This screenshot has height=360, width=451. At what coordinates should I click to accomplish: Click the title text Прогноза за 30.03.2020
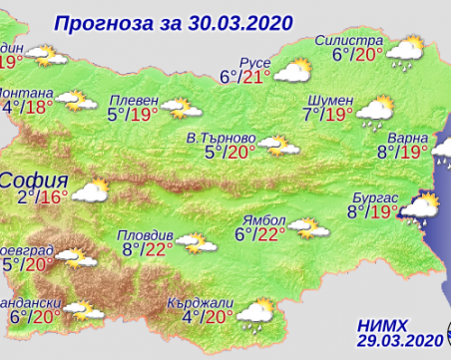click(163, 20)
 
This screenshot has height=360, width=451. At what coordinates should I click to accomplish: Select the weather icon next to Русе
click(293, 71)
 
